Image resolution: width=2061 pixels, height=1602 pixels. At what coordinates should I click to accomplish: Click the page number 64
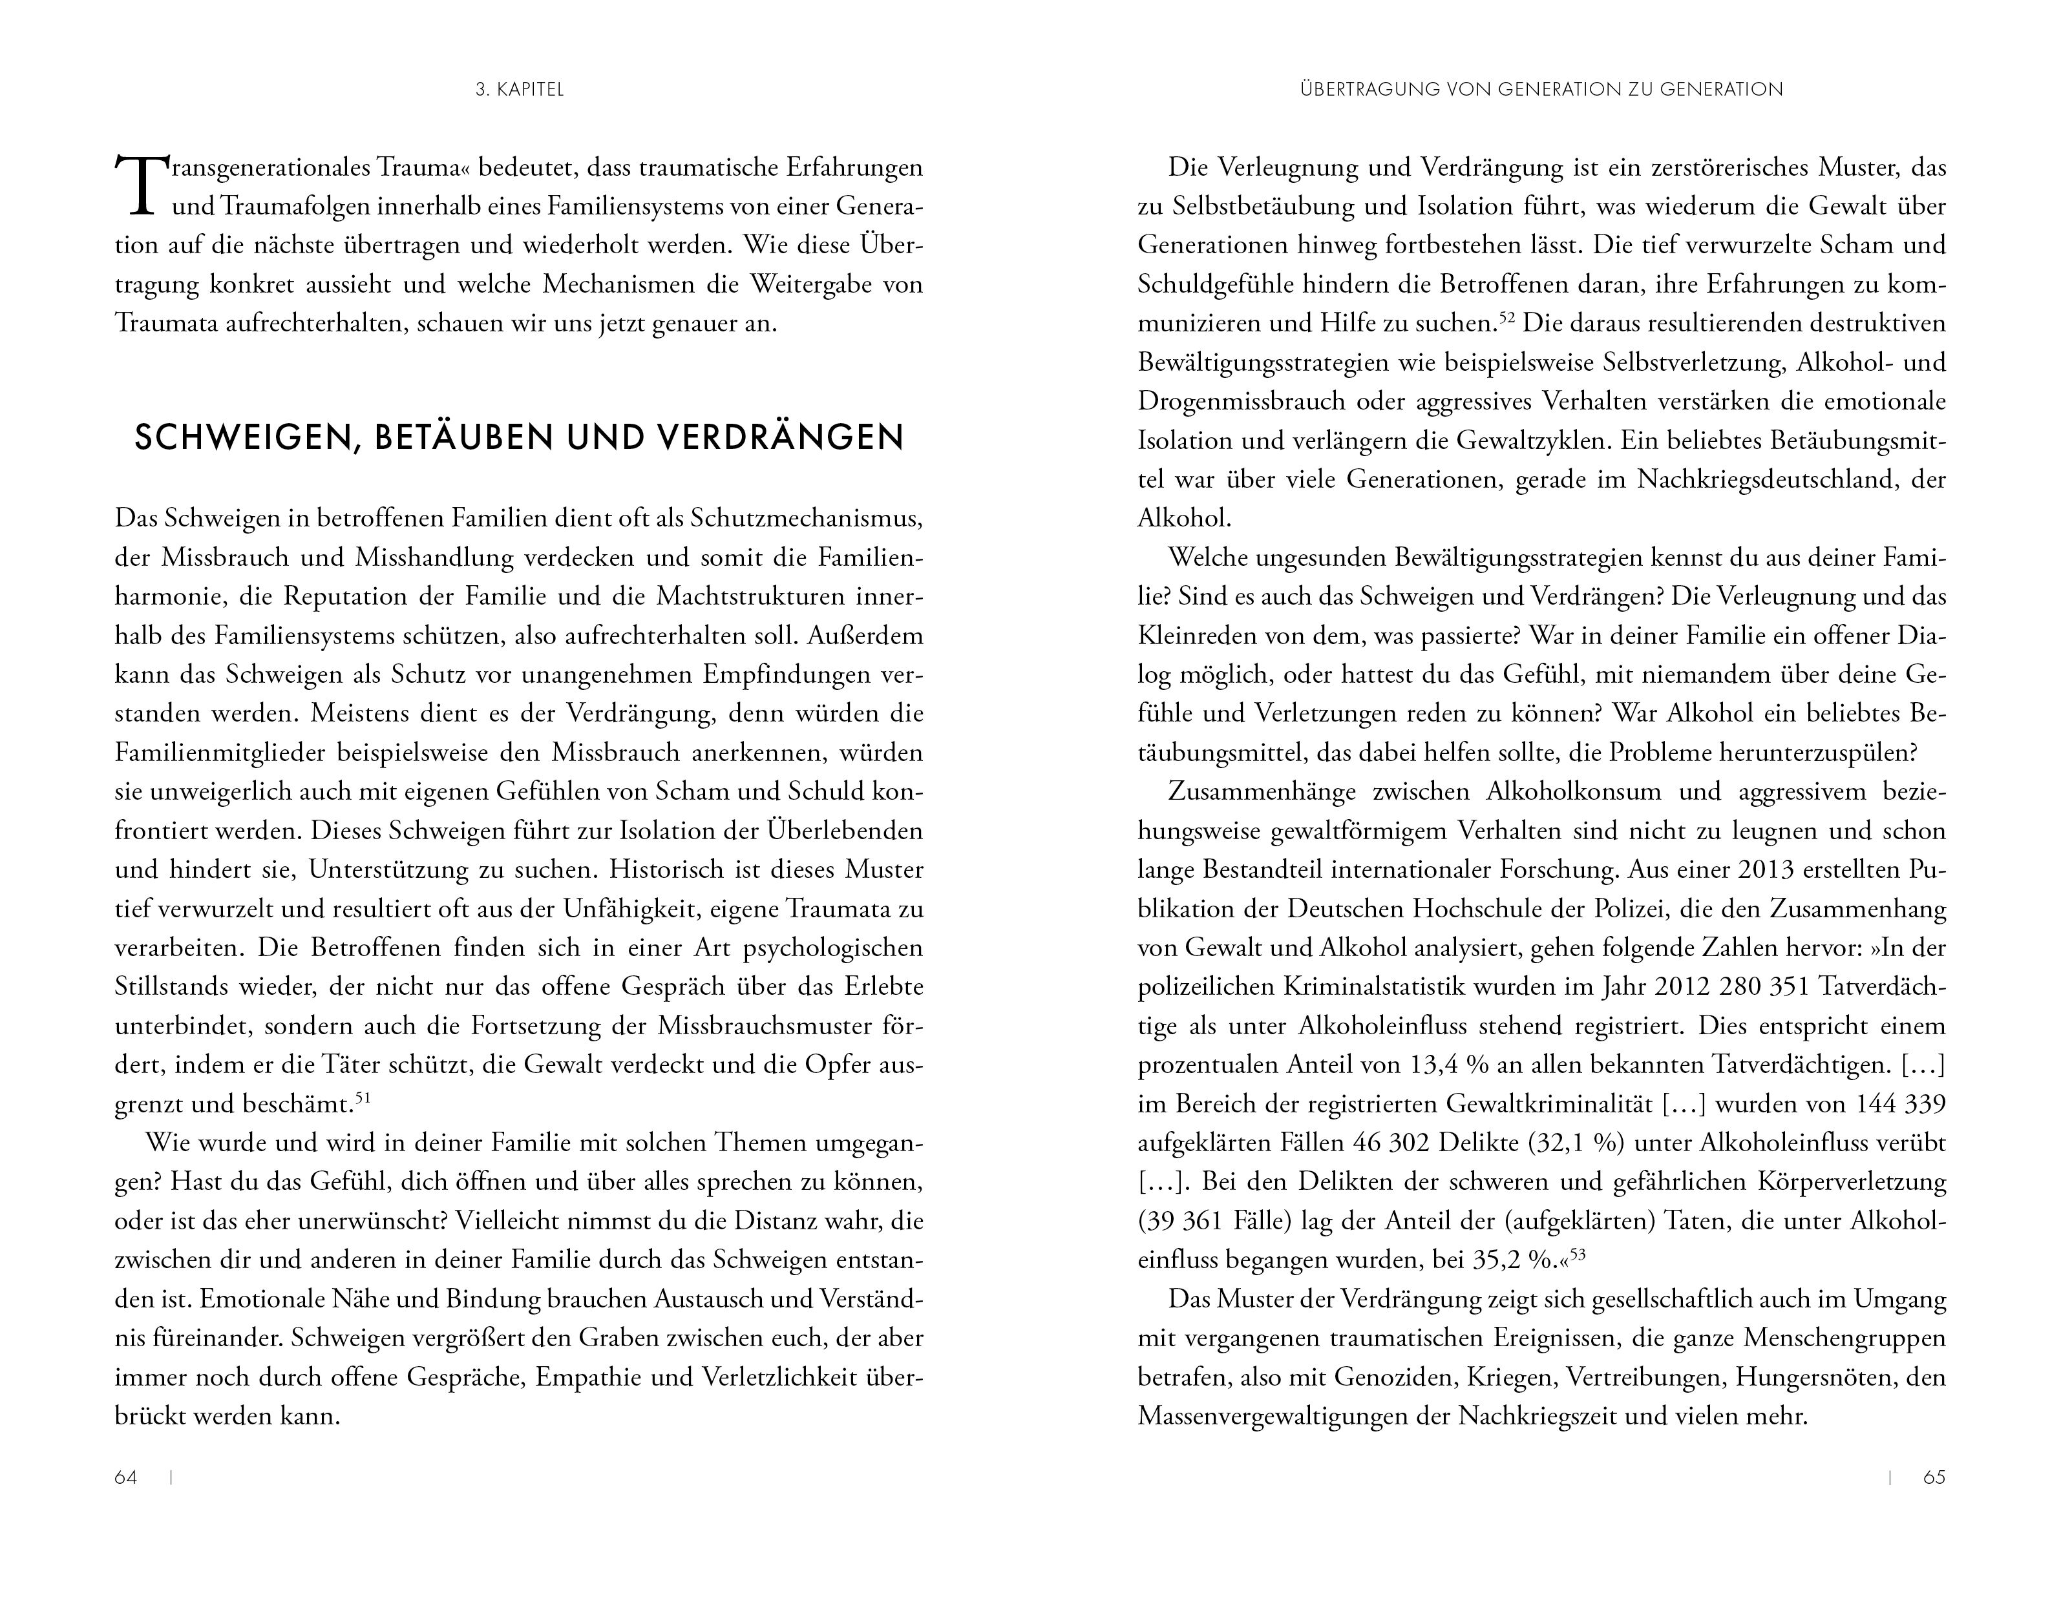[125, 1477]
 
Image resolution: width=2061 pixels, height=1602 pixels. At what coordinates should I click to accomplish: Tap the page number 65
[1934, 1477]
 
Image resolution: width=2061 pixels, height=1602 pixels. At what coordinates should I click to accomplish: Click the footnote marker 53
[1578, 1254]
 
